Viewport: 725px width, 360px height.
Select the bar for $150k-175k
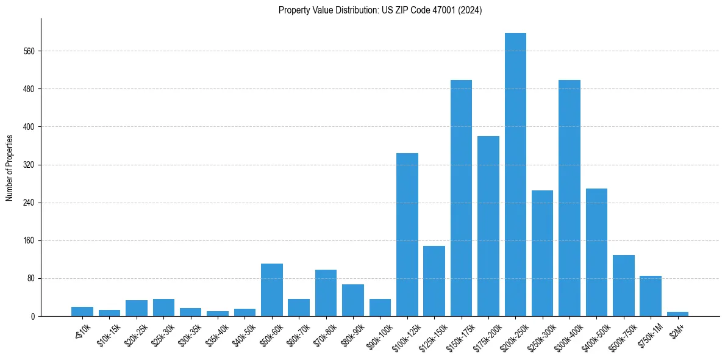coord(461,198)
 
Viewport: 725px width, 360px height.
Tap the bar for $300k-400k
coord(570,198)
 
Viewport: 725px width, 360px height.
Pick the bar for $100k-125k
coord(407,234)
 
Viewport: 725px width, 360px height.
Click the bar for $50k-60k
coord(272,290)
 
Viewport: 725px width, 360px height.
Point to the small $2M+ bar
coord(677,314)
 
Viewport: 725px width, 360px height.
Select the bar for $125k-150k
coord(434,281)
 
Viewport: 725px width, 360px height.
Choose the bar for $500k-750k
coord(623,286)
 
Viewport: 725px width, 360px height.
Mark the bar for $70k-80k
coord(326,293)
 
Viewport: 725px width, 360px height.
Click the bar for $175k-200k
coord(488,226)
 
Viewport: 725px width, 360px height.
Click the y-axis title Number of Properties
coord(10,167)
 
